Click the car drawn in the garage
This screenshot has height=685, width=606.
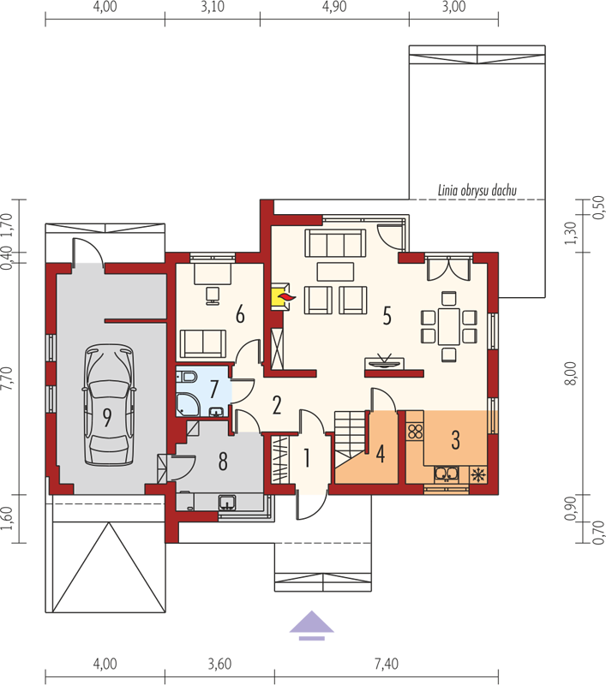(109, 404)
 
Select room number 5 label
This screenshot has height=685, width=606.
(387, 315)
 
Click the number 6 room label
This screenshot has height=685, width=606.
(240, 314)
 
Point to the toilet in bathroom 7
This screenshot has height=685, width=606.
(187, 376)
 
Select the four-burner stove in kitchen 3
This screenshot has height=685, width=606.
(416, 432)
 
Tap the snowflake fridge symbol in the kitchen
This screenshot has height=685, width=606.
(478, 474)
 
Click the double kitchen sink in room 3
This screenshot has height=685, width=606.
(447, 474)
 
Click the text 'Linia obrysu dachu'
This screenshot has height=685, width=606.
(477, 190)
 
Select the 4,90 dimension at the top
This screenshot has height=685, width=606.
(334, 7)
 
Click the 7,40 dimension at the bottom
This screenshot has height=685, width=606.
(387, 664)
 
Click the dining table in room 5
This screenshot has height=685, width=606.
(449, 326)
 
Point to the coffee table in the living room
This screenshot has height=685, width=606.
(335, 271)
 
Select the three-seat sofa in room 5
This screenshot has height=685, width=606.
(335, 243)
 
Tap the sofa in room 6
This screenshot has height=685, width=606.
(203, 343)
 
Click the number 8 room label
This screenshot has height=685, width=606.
(223, 461)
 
